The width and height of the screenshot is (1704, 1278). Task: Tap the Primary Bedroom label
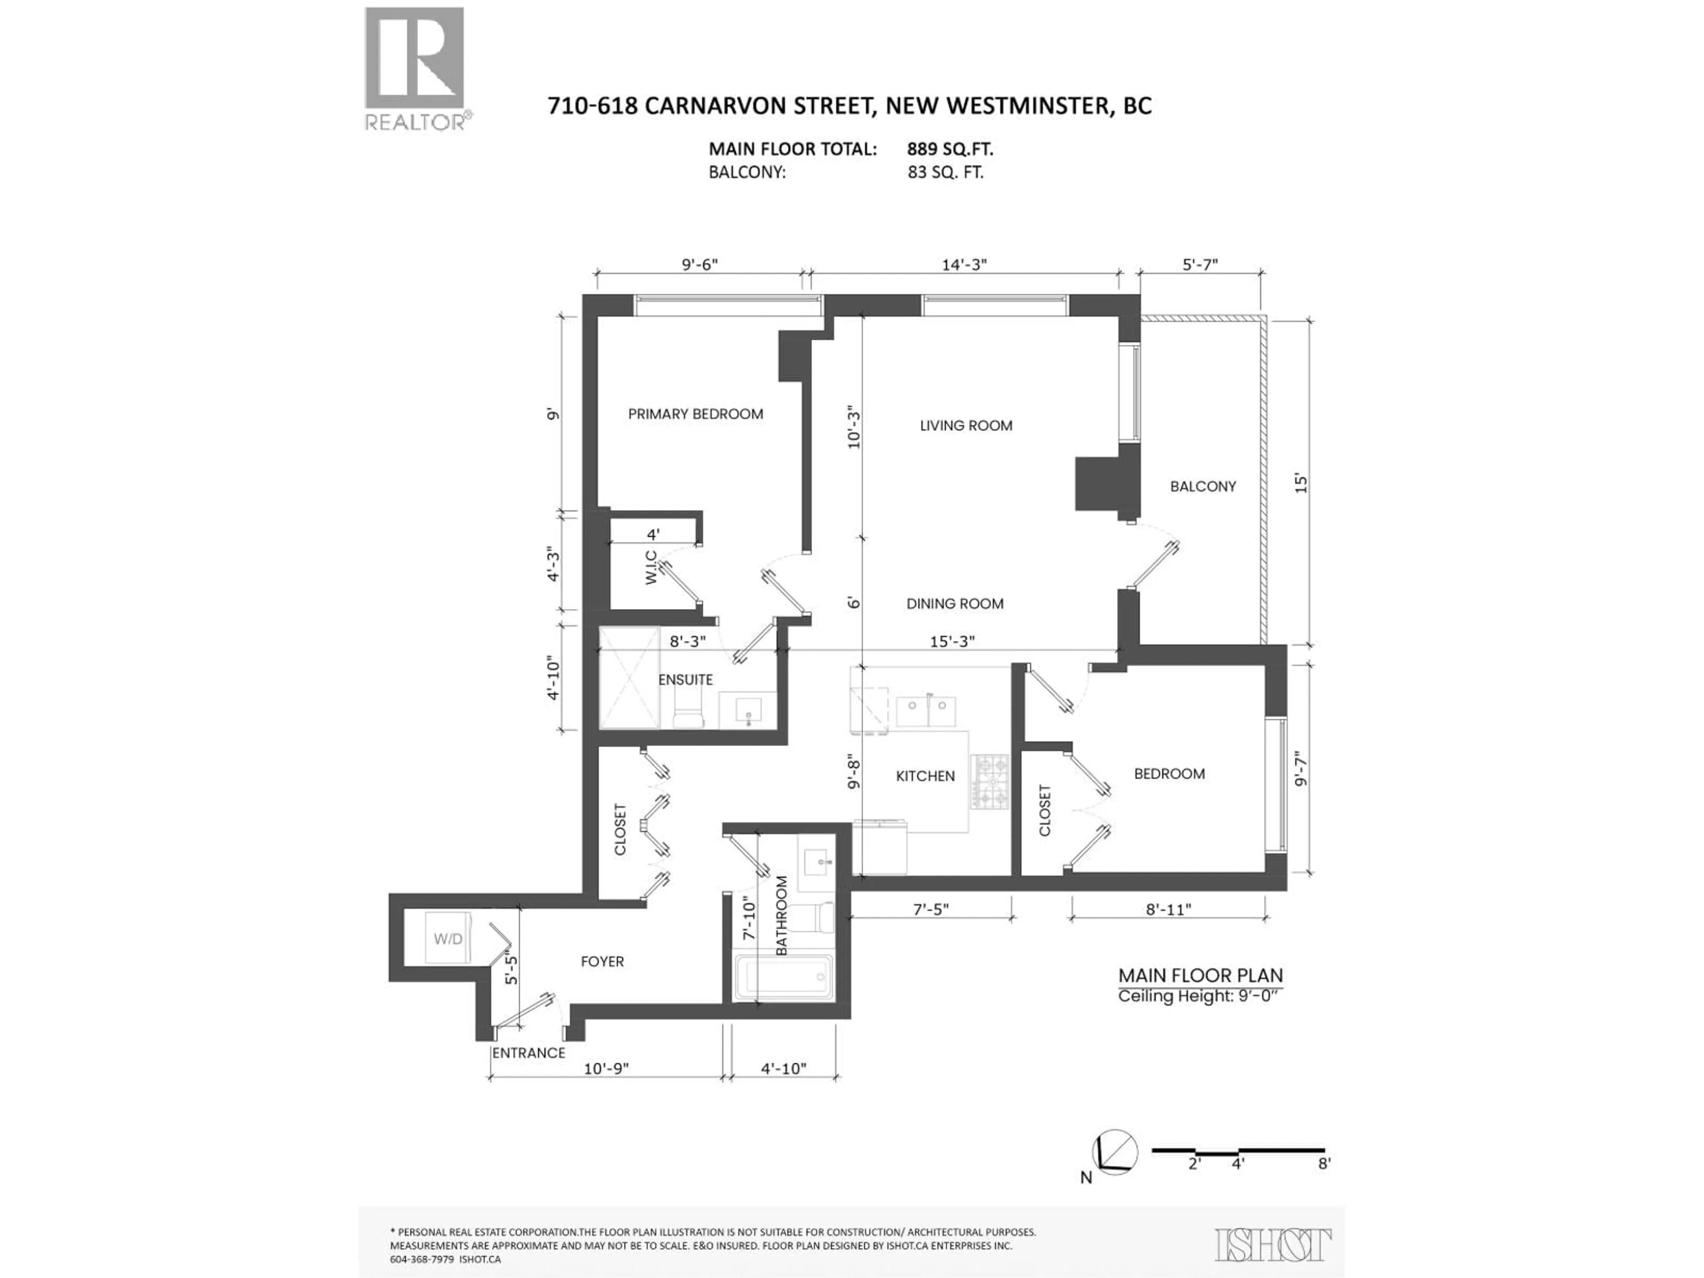[x=696, y=414]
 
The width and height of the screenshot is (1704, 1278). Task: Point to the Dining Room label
[x=955, y=604]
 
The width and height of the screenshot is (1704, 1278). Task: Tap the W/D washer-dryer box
[x=448, y=938]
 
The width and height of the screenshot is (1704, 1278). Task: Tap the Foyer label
[x=603, y=962]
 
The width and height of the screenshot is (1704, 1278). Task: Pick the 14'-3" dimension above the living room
[x=964, y=264]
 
